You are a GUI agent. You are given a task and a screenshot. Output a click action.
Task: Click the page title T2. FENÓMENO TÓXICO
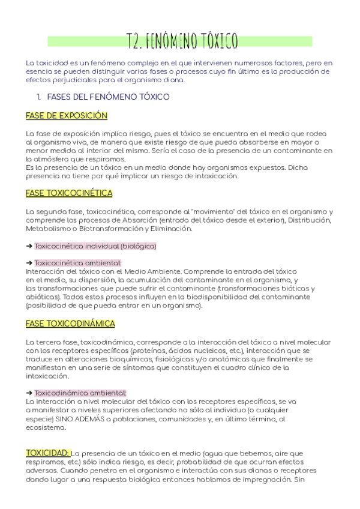click(183, 40)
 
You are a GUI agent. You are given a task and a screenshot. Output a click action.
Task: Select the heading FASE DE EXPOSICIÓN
click(66, 115)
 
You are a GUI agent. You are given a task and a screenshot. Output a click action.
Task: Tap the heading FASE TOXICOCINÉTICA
click(69, 193)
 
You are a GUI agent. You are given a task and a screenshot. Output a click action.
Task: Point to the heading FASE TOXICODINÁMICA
click(70, 324)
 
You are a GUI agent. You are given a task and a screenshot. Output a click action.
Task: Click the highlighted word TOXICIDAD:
click(48, 453)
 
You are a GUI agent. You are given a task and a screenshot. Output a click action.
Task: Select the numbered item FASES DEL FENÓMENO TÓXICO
click(108, 96)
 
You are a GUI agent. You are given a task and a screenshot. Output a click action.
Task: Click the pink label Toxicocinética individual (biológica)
click(95, 246)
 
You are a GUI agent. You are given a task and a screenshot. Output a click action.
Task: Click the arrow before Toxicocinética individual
click(29, 246)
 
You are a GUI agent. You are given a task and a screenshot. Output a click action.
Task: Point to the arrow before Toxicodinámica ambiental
click(29, 393)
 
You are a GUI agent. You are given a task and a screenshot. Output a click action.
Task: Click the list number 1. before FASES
click(39, 96)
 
